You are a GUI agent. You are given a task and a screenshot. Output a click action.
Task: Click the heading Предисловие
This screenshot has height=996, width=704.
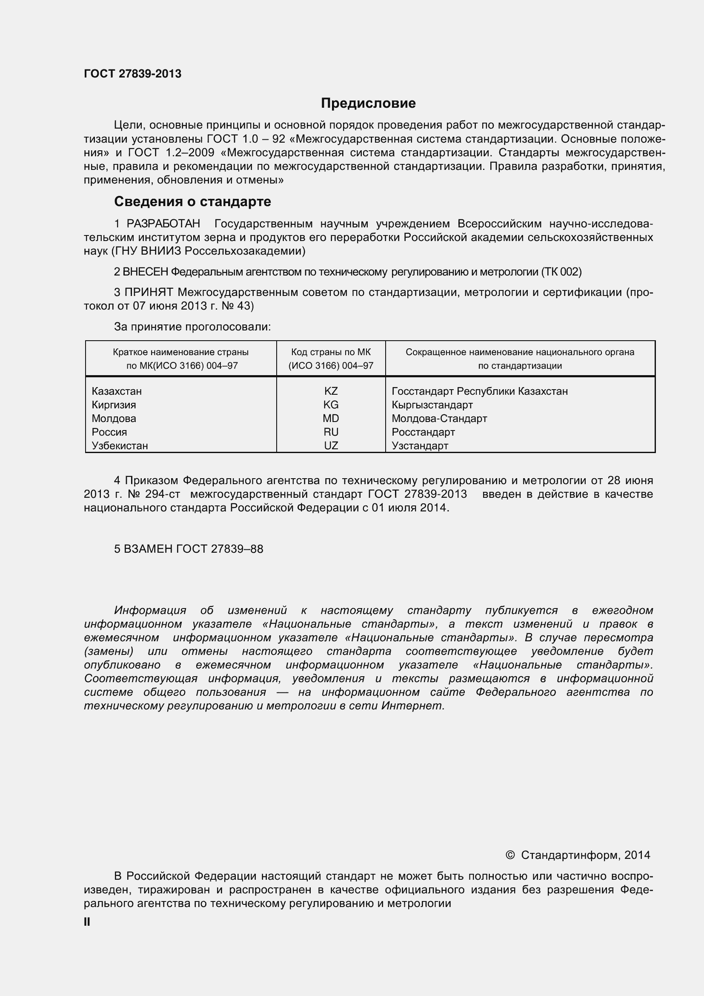(368, 103)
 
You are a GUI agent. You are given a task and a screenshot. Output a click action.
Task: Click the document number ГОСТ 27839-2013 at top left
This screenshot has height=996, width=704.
(133, 74)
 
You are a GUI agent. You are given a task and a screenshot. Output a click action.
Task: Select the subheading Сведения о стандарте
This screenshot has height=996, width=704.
(192, 201)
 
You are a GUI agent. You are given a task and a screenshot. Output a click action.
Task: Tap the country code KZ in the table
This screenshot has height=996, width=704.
(331, 391)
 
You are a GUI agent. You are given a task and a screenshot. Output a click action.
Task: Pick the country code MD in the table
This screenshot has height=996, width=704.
(331, 418)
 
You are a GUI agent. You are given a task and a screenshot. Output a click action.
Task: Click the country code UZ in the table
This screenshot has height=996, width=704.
(331, 445)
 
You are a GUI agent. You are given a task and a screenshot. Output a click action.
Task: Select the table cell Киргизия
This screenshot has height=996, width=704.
(114, 405)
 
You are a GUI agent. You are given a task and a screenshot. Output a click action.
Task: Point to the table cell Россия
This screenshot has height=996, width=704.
(109, 432)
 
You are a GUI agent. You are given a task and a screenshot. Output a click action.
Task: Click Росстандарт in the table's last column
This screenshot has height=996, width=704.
(423, 432)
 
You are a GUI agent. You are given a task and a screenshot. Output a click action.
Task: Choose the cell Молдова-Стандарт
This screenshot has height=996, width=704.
(439, 418)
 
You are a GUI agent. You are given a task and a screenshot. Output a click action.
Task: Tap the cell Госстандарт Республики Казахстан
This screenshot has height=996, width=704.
(479, 391)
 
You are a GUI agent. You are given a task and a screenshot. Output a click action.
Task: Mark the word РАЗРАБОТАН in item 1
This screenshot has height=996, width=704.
(163, 224)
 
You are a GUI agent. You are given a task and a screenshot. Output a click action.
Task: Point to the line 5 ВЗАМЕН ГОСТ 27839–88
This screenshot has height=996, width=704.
(189, 549)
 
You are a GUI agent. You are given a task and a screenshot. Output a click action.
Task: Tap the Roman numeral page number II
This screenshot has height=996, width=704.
(87, 922)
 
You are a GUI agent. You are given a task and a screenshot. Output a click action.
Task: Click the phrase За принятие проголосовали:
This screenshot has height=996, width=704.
(192, 327)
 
